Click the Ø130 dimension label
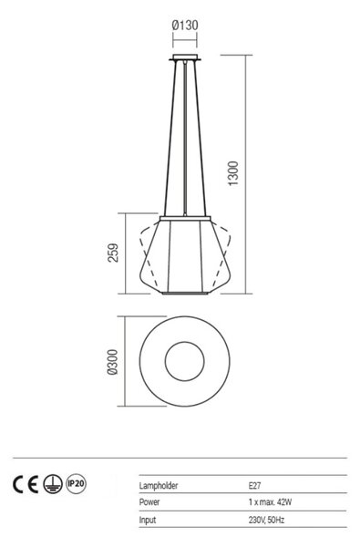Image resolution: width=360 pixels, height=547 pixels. (x=185, y=26)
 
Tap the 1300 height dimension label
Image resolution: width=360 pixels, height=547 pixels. (x=233, y=173)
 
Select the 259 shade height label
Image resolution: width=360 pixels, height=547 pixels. (x=113, y=253)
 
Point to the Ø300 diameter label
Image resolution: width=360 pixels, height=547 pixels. (x=113, y=362)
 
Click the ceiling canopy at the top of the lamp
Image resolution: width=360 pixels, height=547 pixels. (x=185, y=57)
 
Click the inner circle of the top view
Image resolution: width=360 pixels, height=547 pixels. (x=184, y=361)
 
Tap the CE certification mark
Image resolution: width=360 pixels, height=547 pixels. (x=26, y=484)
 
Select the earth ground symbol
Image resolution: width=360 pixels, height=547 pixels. (x=53, y=484)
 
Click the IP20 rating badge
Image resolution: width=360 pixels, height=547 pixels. (x=76, y=484)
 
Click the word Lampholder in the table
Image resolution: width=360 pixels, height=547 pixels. (x=159, y=485)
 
